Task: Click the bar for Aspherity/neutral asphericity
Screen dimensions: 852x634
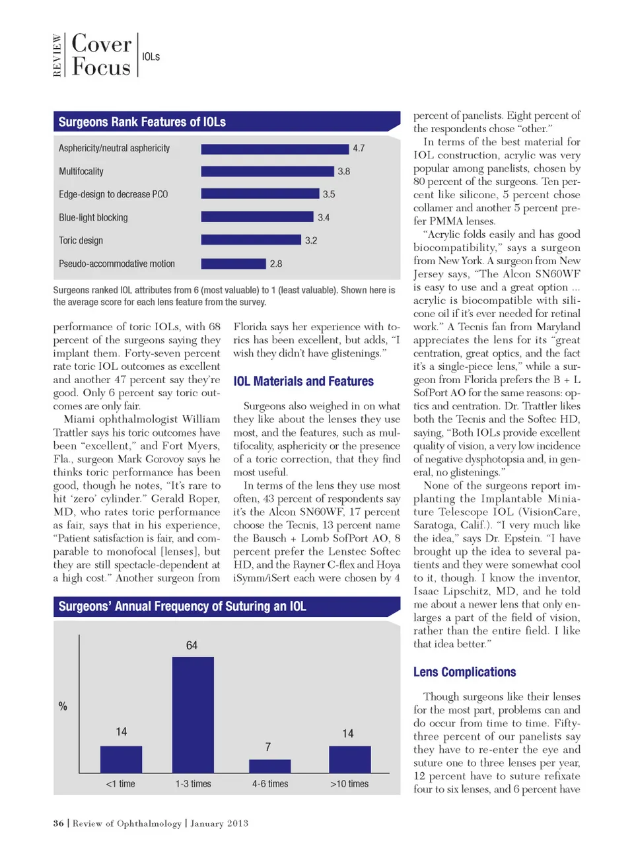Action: pos(275,149)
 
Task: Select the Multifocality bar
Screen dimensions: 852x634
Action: pos(267,171)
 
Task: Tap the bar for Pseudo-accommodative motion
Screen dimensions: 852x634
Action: pos(233,264)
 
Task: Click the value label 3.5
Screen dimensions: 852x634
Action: pos(329,194)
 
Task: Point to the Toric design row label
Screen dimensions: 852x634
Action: pos(81,240)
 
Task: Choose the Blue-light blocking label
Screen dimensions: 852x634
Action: pos(93,217)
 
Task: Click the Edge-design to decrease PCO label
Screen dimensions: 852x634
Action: pos(113,194)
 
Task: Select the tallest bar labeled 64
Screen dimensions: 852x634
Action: pos(193,715)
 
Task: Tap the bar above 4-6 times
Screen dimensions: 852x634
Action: pos(269,766)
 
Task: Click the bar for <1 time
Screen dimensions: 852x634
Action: pos(121,760)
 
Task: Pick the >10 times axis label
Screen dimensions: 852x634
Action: pos(349,784)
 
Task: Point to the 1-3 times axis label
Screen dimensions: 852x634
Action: pos(193,784)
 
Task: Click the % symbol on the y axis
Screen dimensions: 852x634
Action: pos(63,706)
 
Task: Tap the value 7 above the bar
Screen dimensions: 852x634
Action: pos(268,747)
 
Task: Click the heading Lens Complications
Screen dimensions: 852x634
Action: pos(464,672)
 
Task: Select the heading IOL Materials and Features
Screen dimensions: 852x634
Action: pos(303,381)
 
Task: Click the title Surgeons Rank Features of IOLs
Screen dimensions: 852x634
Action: pos(142,122)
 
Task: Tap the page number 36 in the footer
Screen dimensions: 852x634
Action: pos(59,824)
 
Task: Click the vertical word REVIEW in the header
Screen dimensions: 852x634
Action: pos(57,56)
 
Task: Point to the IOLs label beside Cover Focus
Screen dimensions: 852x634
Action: pos(151,57)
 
